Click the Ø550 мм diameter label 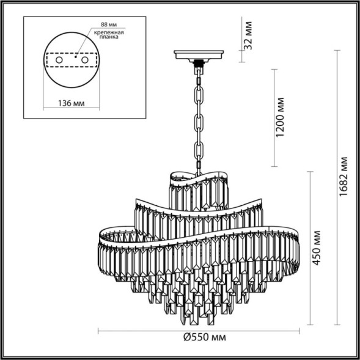tap(199, 338)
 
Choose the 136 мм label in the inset tap(71, 104)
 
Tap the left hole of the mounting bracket tap(59, 61)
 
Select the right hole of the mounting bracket tap(84, 61)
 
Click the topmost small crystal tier tap(198, 186)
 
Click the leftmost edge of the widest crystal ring tap(100, 235)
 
